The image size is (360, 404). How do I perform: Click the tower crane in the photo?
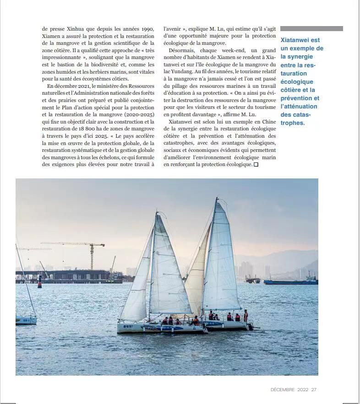pyautogui.click(x=91, y=254)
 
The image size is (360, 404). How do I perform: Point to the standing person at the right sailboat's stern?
pyautogui.click(x=245, y=315)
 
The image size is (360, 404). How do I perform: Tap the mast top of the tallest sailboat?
pyautogui.click(x=216, y=199)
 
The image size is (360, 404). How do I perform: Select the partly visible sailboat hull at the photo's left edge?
pyautogui.click(x=26, y=320)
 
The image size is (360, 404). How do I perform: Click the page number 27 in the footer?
pyautogui.click(x=314, y=389)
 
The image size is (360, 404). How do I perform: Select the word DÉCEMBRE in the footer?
pyautogui.click(x=283, y=389)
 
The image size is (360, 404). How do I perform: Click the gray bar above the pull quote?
pyautogui.click(x=311, y=28)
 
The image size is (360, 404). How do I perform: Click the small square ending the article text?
pyautogui.click(x=256, y=165)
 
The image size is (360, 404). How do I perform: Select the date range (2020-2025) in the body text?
pyautogui.click(x=137, y=114)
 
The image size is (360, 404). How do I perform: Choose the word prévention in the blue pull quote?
pyautogui.click(x=300, y=98)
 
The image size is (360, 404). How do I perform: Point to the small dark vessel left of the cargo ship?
pyautogui.click(x=253, y=279)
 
